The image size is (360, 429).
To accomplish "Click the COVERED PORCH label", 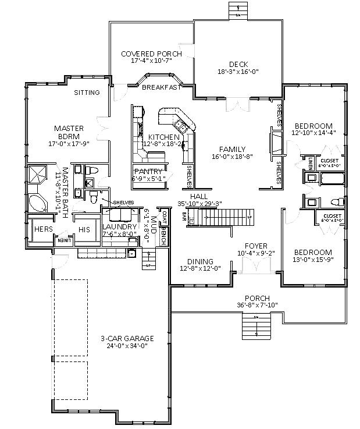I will tap(151, 54).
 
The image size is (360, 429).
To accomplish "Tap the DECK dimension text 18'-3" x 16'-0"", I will tap(238, 72).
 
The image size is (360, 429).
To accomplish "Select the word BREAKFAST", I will tap(161, 87).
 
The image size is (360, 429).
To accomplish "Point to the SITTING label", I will tap(87, 93).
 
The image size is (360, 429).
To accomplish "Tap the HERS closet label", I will tap(43, 230).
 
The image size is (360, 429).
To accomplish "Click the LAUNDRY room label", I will tap(119, 226).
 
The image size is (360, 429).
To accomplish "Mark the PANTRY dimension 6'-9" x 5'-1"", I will tap(150, 179).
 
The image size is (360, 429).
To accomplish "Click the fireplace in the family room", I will tap(272, 143).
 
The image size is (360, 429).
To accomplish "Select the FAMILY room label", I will tap(232, 149).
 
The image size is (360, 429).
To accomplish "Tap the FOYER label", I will tap(256, 246).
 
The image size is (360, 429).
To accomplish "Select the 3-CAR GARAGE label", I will tap(126, 338).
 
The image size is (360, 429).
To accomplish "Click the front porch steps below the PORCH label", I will tap(256, 325).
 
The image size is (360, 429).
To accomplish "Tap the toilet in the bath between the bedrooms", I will tap(336, 201).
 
